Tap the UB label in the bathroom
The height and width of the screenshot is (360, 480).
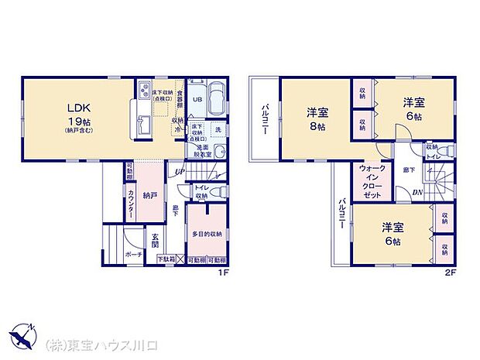pos(197,99)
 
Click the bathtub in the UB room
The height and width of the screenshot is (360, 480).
pos(216,98)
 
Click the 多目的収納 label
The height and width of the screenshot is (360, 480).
pos(207,233)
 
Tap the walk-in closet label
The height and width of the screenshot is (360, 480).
pos(369,182)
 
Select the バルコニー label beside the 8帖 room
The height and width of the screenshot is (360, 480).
pos(263,119)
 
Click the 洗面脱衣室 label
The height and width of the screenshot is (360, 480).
pos(203,150)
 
